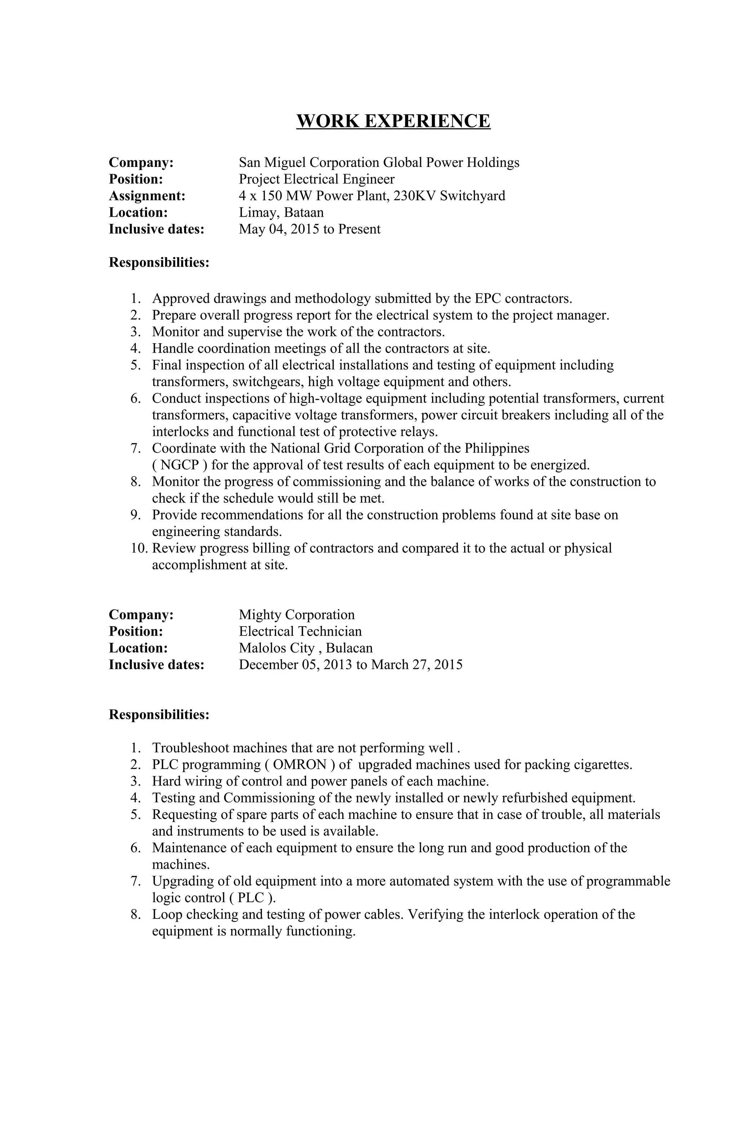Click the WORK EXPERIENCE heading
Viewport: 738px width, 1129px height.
point(393,121)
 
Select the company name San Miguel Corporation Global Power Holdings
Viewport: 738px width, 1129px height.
point(379,163)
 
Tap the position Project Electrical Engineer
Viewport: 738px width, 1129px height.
point(316,179)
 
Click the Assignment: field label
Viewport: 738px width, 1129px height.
point(147,196)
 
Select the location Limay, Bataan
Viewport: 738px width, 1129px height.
point(281,213)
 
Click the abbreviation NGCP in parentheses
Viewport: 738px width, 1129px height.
point(180,465)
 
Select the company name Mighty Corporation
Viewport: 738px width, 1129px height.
point(297,615)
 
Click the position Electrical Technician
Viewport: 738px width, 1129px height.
point(300,632)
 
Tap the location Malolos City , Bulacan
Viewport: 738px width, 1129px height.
point(306,648)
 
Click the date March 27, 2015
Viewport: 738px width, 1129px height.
point(417,665)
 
